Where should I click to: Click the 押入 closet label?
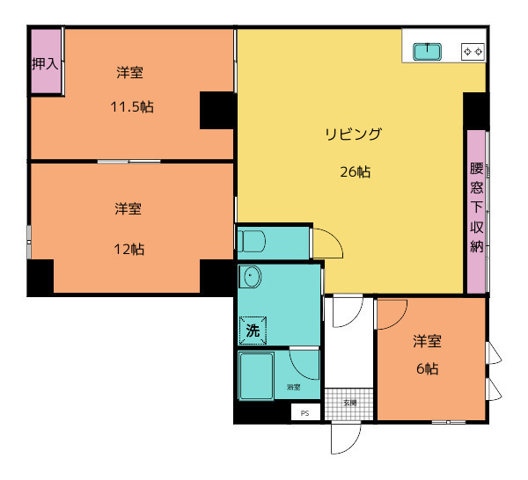[x=45, y=63]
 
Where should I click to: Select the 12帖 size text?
[x=128, y=249]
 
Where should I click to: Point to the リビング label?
[x=354, y=135]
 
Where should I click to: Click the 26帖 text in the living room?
[x=355, y=172]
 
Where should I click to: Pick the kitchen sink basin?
[x=428, y=52]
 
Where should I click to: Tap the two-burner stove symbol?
[x=473, y=52]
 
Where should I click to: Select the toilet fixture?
[x=253, y=241]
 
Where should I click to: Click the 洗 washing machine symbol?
[x=253, y=331]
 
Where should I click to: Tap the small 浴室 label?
[x=293, y=387]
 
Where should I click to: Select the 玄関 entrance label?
[x=349, y=404]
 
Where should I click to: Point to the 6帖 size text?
[x=427, y=369]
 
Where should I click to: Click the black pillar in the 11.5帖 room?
[x=216, y=110]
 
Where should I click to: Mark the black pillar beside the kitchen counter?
[x=475, y=110]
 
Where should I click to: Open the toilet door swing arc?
[x=328, y=242]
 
